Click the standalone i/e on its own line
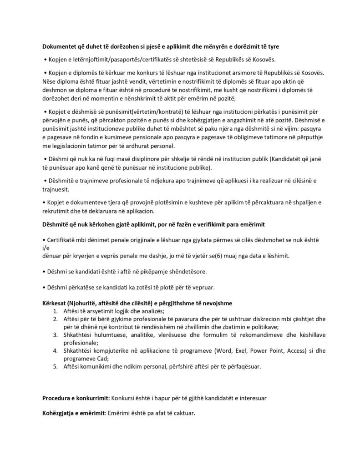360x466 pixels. (45, 248)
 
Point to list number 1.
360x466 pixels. (55, 311)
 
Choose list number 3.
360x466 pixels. (55, 335)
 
